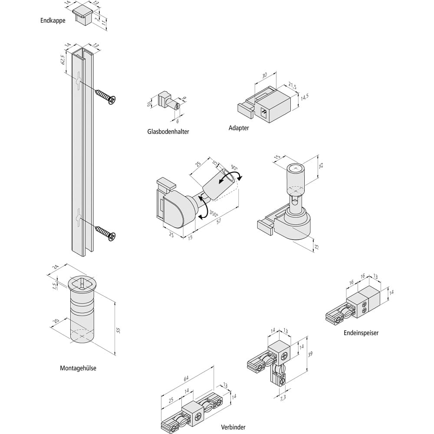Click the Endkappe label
(53, 20)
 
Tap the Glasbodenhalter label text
(168, 131)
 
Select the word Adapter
(239, 128)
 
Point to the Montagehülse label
(78, 368)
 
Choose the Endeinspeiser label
(361, 333)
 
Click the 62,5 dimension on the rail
(63, 59)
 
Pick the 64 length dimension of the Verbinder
(187, 379)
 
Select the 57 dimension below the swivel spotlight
(219, 222)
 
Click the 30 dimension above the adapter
(264, 75)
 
